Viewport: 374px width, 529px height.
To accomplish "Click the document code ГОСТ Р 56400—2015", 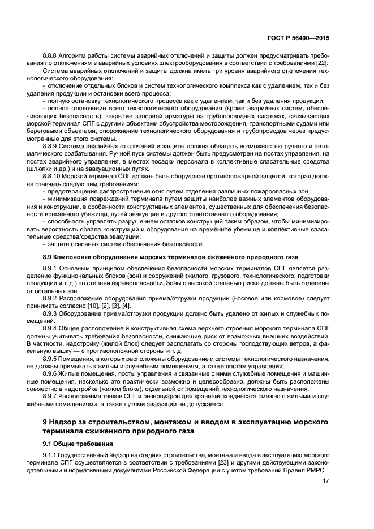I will [x=298, y=38].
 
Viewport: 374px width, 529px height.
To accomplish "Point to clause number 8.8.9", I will [x=51, y=146].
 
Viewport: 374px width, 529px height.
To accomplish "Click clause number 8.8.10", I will [x=53, y=175].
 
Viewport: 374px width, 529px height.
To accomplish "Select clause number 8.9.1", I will [x=51, y=268].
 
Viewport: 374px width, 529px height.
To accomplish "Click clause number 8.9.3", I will [x=51, y=312].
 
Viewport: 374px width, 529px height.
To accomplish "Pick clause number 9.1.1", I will [x=51, y=454].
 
